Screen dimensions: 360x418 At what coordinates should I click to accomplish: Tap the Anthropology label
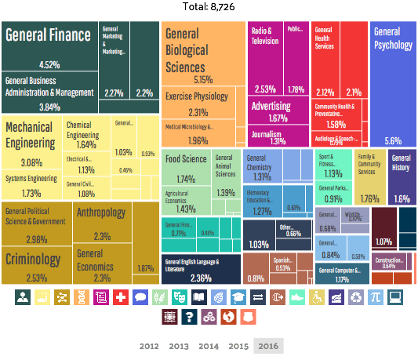pyautogui.click(x=100, y=213)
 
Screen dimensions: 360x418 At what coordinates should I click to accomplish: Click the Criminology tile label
pyautogui.click(x=32, y=259)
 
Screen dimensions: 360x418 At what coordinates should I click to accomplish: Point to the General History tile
pyautogui.click(x=402, y=177)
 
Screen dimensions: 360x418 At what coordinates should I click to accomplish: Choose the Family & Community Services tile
pyautogui.click(x=369, y=177)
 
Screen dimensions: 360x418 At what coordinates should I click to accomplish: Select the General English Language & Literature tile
pyautogui.click(x=201, y=269)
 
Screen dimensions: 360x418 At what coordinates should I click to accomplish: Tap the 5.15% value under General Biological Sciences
pyautogui.click(x=203, y=80)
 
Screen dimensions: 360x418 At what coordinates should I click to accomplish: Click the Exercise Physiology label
pyautogui.click(x=196, y=97)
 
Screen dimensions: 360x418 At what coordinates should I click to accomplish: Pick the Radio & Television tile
pyautogui.click(x=264, y=36)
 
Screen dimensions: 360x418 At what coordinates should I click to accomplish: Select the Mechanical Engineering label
pyautogui.click(x=31, y=134)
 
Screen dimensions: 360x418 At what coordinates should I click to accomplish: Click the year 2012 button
pyautogui.click(x=149, y=346)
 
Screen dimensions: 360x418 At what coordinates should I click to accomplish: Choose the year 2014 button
pyautogui.click(x=209, y=346)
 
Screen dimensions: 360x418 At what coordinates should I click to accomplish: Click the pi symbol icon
pyautogui.click(x=375, y=297)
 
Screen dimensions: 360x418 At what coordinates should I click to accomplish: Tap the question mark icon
pyautogui.click(x=187, y=317)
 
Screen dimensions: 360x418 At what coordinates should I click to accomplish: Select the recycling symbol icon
pyautogui.click(x=355, y=297)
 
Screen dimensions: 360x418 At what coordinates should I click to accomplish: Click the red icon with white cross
pyautogui.click(x=120, y=297)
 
